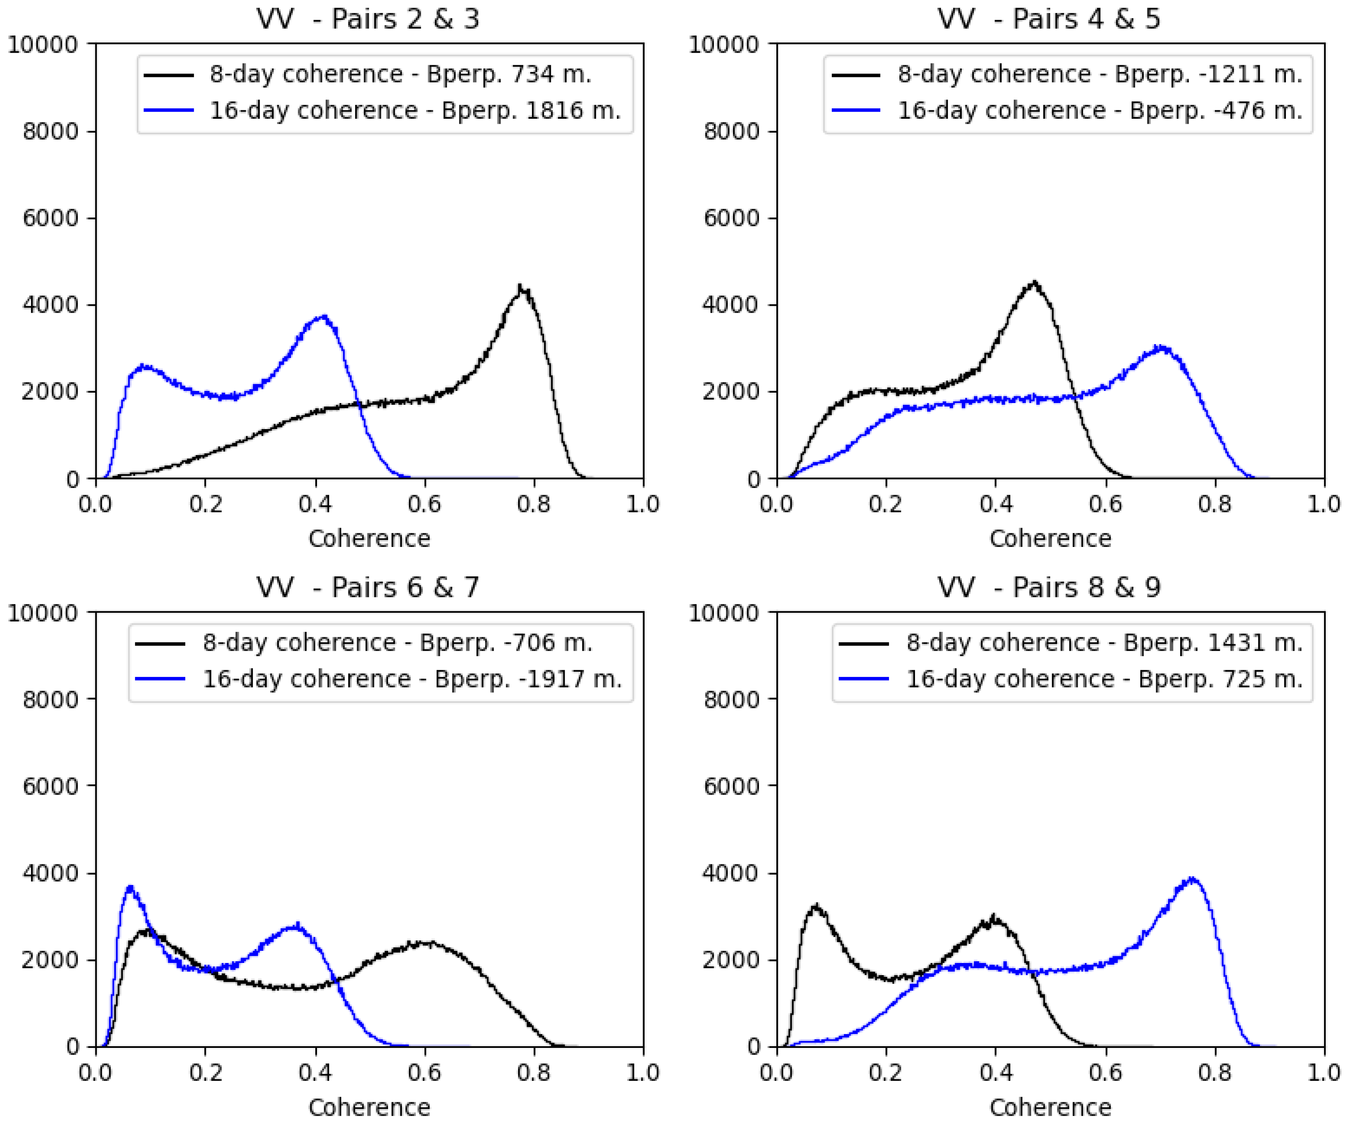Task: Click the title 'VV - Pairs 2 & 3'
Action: click(x=368, y=19)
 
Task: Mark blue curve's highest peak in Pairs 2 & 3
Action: click(x=324, y=317)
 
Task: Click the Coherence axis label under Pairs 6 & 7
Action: click(x=369, y=1107)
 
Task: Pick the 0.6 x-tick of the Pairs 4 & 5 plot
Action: click(x=1105, y=504)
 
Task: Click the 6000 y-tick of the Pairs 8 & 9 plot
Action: click(x=731, y=787)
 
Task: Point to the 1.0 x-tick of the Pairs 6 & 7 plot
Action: click(x=642, y=1073)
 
